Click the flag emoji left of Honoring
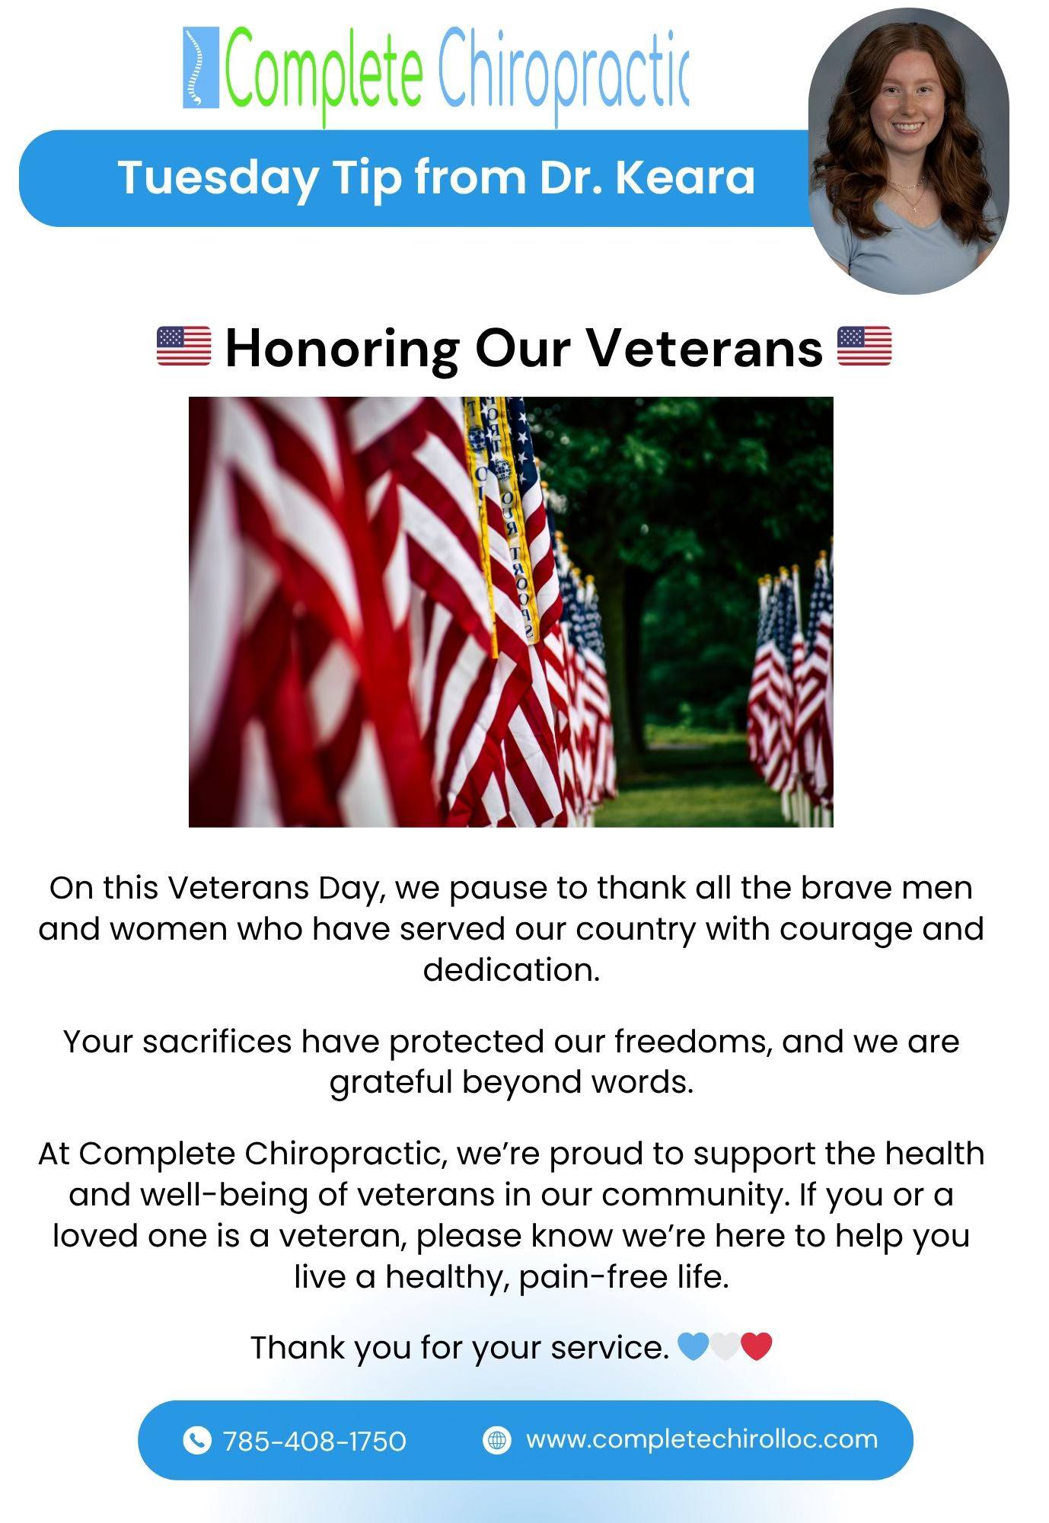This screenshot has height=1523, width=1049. [183, 346]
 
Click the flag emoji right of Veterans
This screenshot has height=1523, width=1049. [864, 346]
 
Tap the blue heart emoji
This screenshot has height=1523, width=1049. [693, 1346]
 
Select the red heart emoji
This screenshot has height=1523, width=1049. [757, 1346]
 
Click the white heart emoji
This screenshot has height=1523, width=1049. [725, 1346]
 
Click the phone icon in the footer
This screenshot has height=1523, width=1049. [197, 1440]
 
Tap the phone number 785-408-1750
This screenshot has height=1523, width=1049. [314, 1441]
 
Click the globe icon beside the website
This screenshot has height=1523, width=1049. [497, 1440]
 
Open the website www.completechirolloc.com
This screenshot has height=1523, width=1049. [702, 1440]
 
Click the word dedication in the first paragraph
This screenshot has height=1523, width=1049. [512, 969]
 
